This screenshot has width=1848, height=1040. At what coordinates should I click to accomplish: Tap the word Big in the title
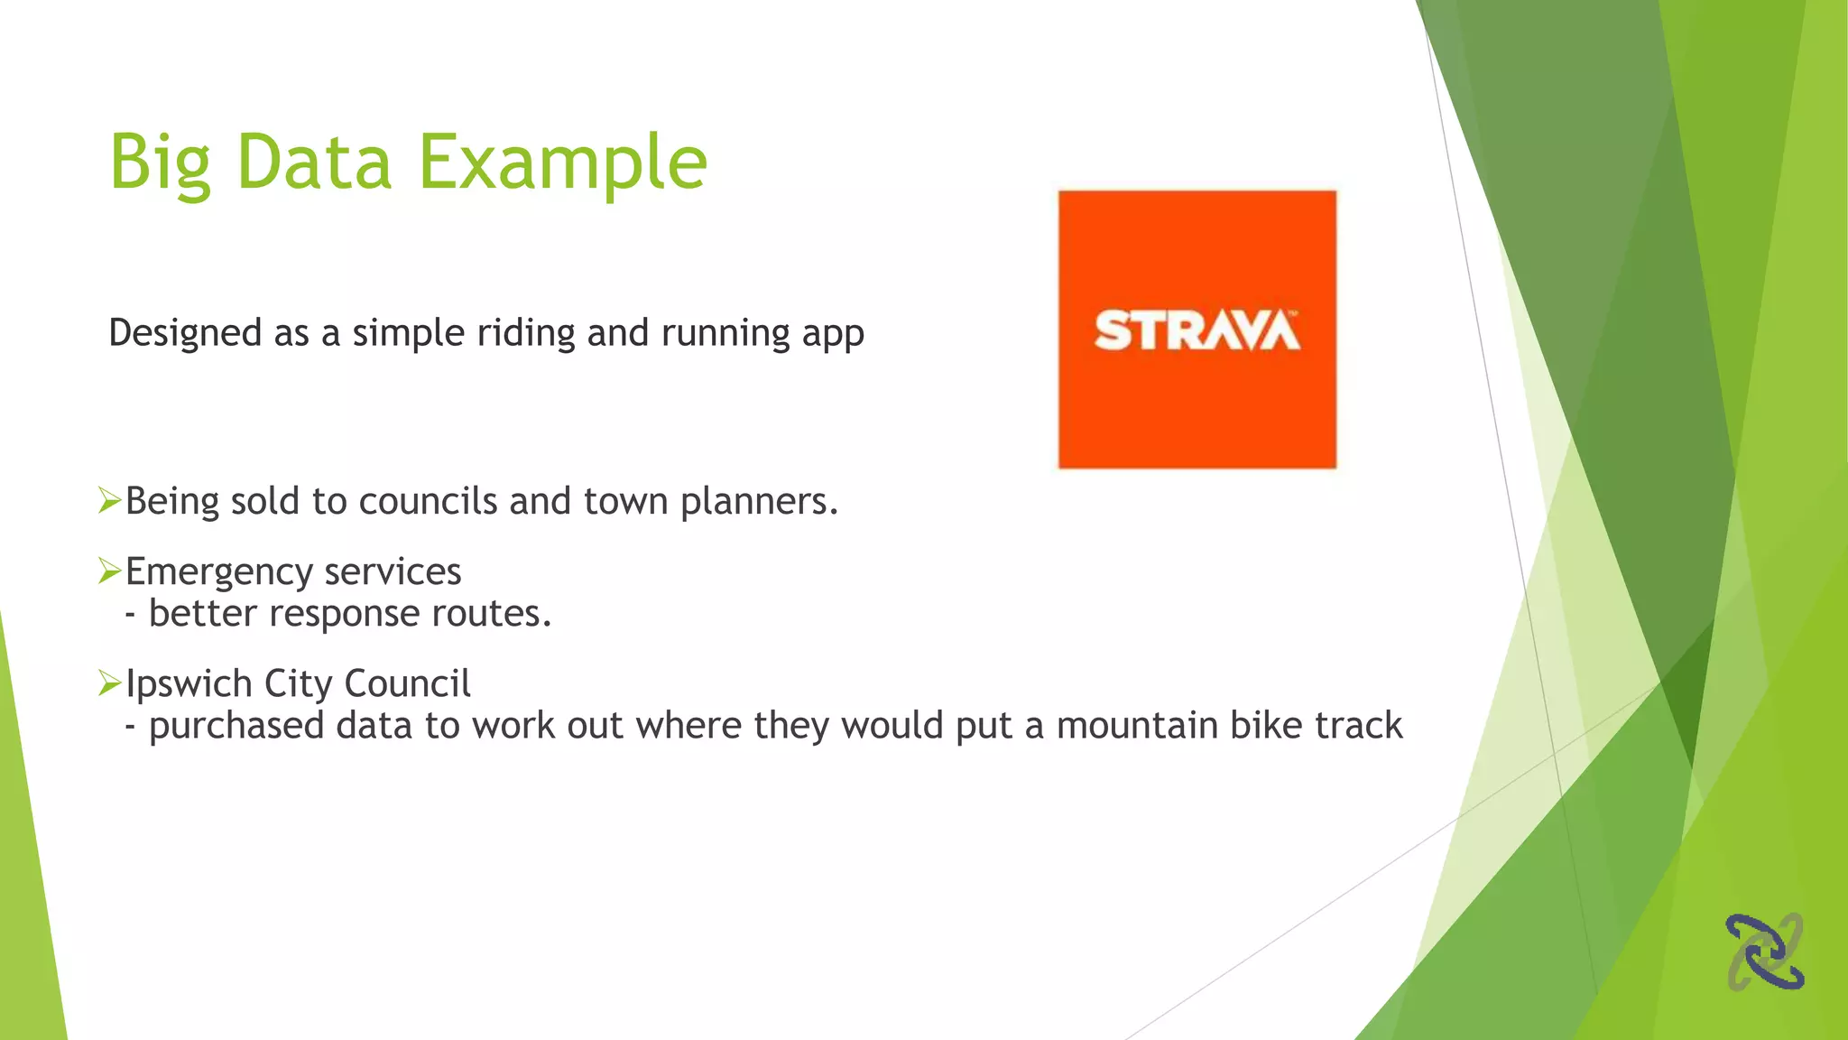coord(160,162)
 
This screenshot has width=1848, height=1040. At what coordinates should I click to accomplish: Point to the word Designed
coord(185,333)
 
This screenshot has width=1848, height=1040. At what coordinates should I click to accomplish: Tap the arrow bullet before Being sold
coord(109,499)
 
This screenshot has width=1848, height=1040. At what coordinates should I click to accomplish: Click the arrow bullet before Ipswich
coord(109,682)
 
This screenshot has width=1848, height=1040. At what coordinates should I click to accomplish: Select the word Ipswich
coord(189,684)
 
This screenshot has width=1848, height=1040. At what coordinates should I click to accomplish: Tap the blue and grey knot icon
coord(1764,952)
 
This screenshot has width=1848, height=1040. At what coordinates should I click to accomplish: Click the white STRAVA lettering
coord(1197,330)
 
